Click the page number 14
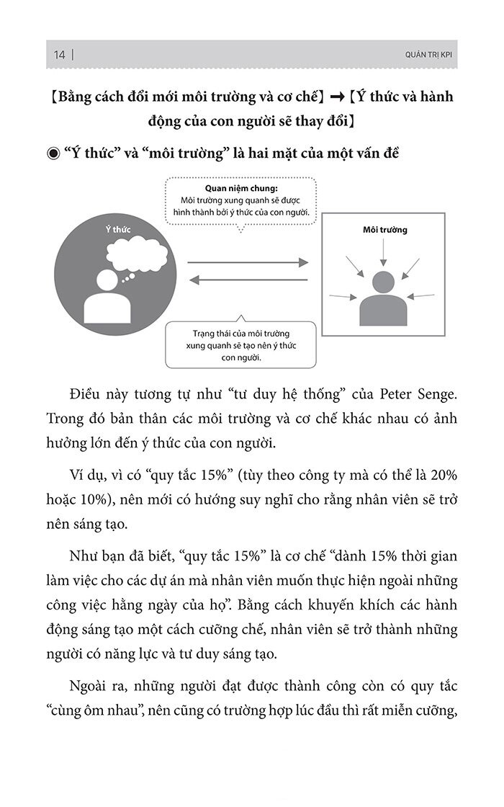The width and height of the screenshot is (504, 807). tap(59, 55)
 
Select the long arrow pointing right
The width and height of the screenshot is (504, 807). tap(248, 263)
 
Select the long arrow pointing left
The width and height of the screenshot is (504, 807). tap(248, 281)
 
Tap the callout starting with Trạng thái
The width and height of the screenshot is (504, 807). tap(240, 345)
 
